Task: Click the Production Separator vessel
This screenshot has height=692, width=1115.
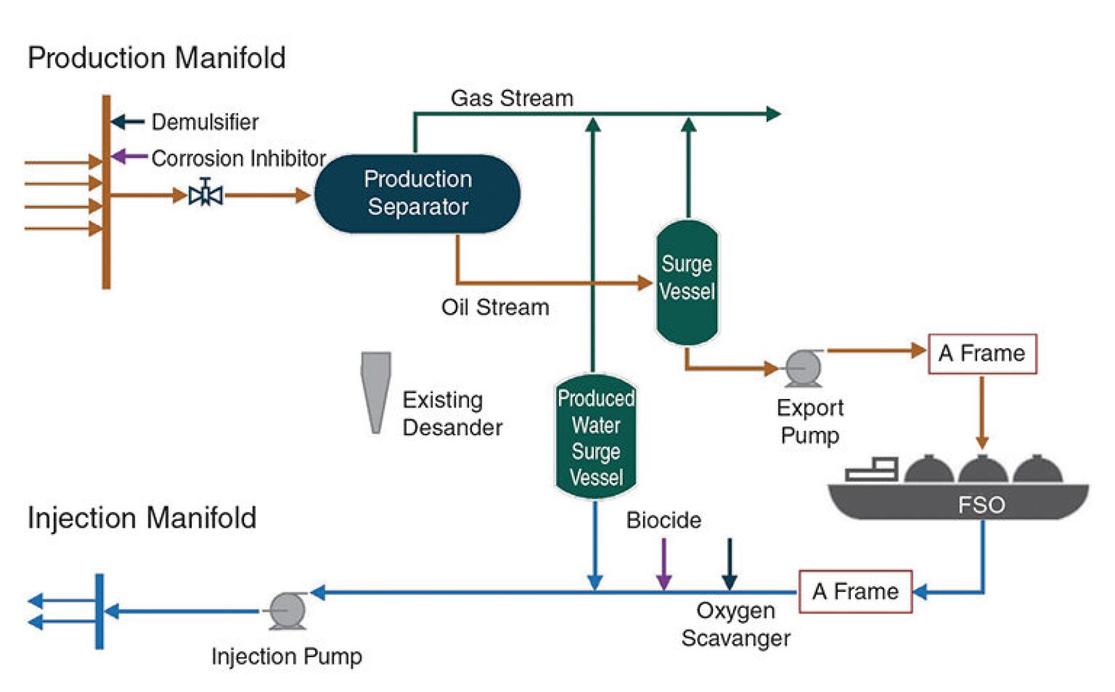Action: [x=417, y=194]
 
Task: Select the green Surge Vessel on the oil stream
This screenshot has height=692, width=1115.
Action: [x=687, y=282]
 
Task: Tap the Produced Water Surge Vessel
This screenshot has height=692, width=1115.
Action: [x=596, y=437]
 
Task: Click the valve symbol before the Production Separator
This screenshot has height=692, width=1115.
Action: [x=206, y=194]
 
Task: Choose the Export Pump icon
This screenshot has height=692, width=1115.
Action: [x=803, y=367]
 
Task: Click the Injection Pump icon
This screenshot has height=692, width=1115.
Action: [x=286, y=611]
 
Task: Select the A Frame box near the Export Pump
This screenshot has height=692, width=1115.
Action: [x=982, y=354]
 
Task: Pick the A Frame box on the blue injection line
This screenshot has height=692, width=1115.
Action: [x=855, y=592]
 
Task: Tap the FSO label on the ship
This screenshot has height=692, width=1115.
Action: [x=981, y=504]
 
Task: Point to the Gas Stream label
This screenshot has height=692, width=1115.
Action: [x=512, y=98]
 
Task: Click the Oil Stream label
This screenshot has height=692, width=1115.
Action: [x=495, y=307]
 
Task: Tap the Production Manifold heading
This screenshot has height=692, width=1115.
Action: [x=156, y=58]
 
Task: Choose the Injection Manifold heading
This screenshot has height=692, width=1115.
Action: [x=141, y=518]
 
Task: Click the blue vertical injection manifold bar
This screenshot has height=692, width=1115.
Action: [x=100, y=611]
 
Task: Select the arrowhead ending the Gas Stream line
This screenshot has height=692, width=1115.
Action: [x=773, y=113]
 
